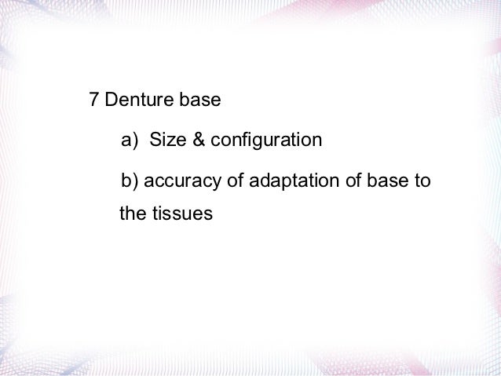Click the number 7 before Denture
[x=93, y=101]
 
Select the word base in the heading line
[x=201, y=101]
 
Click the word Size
[x=166, y=141]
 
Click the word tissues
[x=184, y=213]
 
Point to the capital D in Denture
[x=111, y=101]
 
